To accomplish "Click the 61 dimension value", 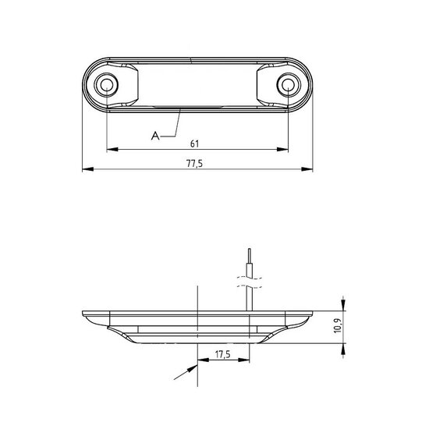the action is pyautogui.click(x=194, y=144).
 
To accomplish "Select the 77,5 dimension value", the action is pyautogui.click(x=194, y=164).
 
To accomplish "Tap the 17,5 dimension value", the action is pyautogui.click(x=223, y=355).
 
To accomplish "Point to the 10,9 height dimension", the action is pyautogui.click(x=339, y=325).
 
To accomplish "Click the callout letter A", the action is pyautogui.click(x=155, y=136).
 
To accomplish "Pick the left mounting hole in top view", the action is pyautogui.click(x=106, y=84).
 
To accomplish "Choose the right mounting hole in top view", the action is pyautogui.click(x=289, y=84).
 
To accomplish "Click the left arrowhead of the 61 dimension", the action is pyautogui.click(x=112, y=149).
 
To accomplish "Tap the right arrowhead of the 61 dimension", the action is pyautogui.click(x=282, y=149).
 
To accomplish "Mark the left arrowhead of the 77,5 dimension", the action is pyautogui.click(x=88, y=169).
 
